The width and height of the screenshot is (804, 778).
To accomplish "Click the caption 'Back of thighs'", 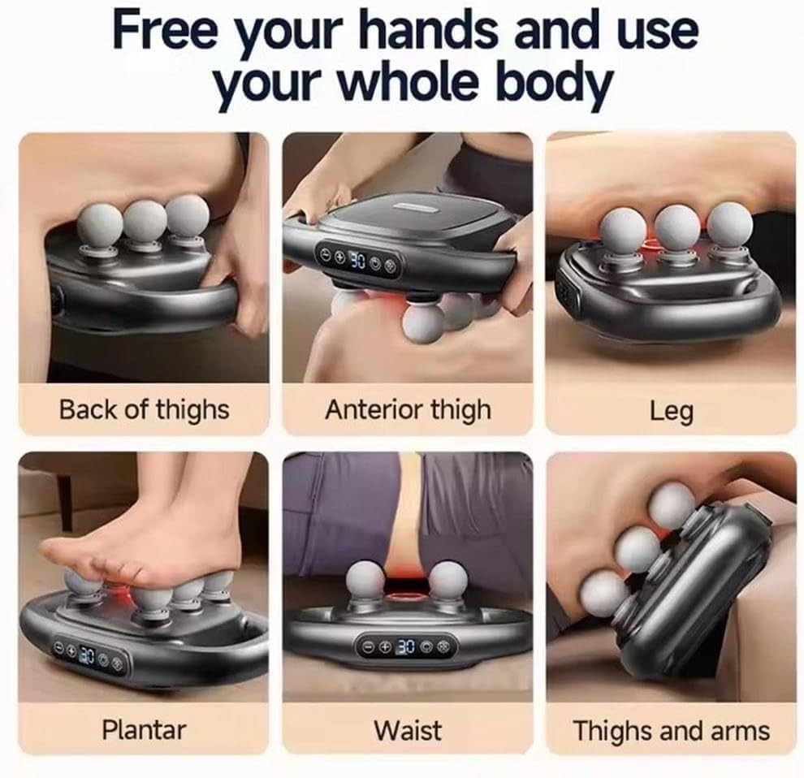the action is point(144,411).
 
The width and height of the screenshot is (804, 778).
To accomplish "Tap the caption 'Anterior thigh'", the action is point(408,411).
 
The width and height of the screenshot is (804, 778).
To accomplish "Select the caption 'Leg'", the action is point(672,411).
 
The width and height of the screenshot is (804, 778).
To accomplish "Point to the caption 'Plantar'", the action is point(144,729).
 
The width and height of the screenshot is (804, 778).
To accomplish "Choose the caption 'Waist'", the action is point(408,730).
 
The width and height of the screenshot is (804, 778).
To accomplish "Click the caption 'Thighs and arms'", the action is point(671,730).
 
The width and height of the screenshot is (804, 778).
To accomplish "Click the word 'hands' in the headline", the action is point(432,30).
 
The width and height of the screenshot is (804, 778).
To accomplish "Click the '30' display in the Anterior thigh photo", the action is point(357,261).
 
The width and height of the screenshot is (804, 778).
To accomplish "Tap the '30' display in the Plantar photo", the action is point(87,655).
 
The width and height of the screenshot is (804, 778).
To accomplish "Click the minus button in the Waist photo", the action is point(370,646).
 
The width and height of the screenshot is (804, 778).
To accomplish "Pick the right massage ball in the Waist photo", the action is point(447,580).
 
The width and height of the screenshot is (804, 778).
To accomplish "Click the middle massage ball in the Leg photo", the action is point(677,227).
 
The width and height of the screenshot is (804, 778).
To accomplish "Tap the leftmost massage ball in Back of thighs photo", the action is point(99,225).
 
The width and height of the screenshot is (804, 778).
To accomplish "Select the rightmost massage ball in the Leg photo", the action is point(729,225).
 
